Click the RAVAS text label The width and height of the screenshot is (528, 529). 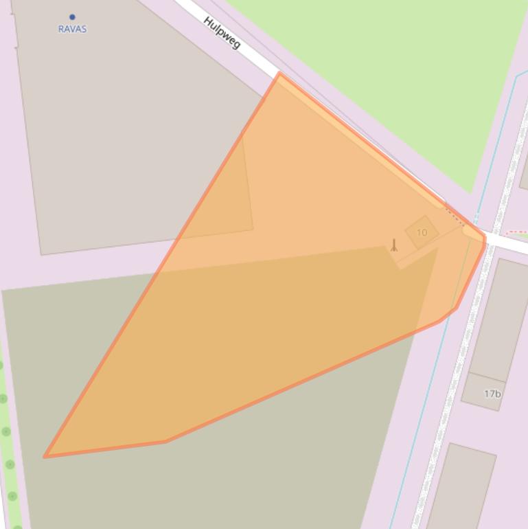pos(72,29)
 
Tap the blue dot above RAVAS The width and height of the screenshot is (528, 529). pos(72,17)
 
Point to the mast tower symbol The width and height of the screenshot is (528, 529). pos(394,245)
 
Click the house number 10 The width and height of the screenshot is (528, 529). pos(422,233)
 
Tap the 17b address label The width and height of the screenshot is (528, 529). pos(492,394)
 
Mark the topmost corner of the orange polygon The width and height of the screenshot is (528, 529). pos(279,74)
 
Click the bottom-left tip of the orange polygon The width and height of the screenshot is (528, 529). pos(45,456)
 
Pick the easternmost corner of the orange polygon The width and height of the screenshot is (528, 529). pos(485,238)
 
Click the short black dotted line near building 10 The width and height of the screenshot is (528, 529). pos(455,214)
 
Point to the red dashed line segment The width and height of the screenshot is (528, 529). pos(516,233)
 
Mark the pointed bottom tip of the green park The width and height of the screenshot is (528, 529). pos(470,192)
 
